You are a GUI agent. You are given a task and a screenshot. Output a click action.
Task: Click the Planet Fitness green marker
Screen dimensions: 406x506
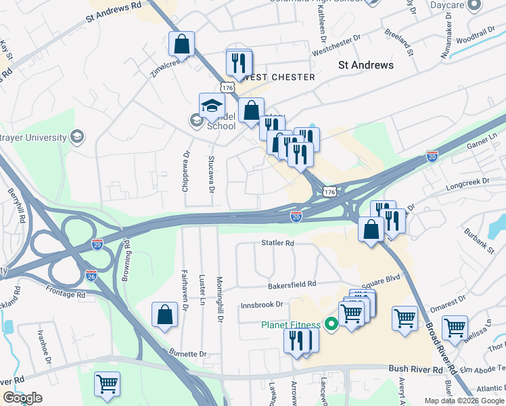[331, 325]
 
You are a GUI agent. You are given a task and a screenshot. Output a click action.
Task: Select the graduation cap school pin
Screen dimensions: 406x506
[212, 106]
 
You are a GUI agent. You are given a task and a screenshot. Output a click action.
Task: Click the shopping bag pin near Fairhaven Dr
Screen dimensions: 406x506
[164, 315]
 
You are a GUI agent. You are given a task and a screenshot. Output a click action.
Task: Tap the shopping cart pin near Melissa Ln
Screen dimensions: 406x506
[455, 328]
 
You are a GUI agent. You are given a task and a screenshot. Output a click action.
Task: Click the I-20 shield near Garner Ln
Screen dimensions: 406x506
[432, 156]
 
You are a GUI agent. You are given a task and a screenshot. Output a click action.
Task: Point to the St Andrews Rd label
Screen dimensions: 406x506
[114, 13]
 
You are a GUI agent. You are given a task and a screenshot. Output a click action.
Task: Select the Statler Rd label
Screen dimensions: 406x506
[278, 242]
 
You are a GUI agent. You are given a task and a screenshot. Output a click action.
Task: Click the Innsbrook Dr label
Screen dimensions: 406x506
[260, 305]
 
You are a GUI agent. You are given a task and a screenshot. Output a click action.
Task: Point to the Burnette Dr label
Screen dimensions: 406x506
[187, 354]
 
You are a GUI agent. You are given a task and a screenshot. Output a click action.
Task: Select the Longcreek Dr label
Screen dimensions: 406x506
[467, 181]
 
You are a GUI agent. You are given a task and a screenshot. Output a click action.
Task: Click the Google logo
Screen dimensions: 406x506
[22, 398]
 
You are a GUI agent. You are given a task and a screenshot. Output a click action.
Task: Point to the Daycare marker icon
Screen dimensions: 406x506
[475, 5]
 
